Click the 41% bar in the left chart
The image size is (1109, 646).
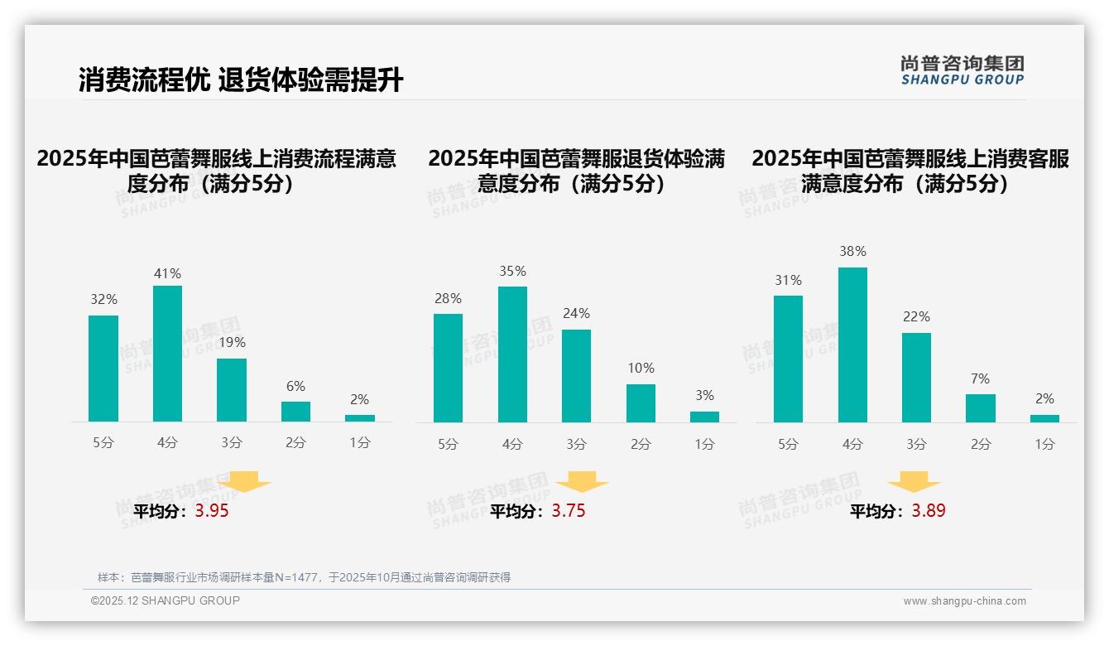coord(167,354)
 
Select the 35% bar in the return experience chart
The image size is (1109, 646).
coord(512,354)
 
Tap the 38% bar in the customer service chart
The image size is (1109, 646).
coord(852,345)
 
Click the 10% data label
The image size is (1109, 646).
coord(641,368)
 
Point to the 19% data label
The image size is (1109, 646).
coord(232,342)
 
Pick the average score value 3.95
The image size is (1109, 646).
coord(212,511)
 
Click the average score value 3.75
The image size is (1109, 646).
coord(569,511)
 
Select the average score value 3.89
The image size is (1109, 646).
coord(929,511)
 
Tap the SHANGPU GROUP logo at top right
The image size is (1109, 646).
coord(962,70)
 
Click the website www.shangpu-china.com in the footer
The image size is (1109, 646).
coord(964,601)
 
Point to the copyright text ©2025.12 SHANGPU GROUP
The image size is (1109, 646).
coord(166,600)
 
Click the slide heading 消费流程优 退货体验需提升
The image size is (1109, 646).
coord(241,80)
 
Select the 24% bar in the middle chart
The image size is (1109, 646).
coord(576,376)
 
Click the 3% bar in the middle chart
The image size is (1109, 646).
coord(704,417)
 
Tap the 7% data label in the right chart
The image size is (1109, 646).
coord(980,378)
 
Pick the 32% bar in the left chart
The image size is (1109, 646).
coord(103,369)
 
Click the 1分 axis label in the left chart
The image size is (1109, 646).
coord(360,443)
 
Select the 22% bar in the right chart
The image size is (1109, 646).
coord(916,378)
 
